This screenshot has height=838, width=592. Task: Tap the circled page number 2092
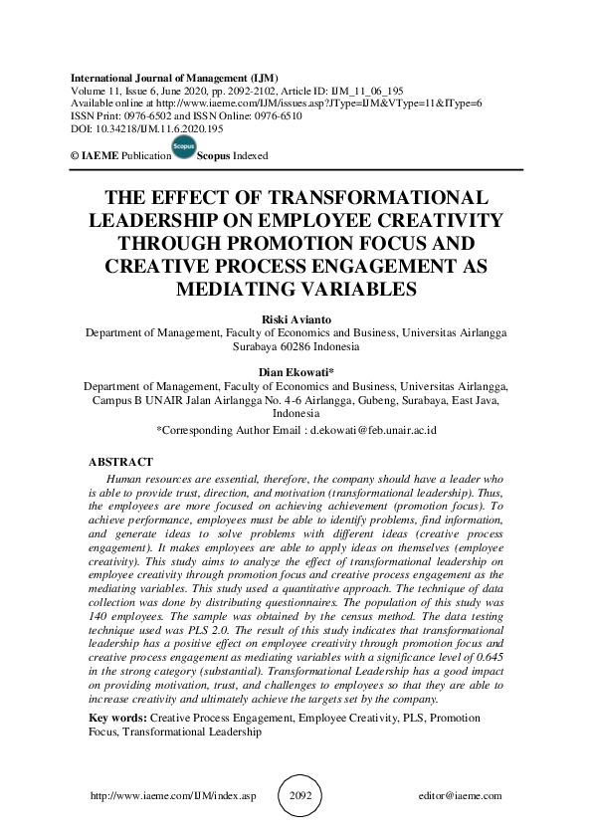click(296, 795)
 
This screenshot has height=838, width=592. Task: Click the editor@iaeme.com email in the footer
click(461, 796)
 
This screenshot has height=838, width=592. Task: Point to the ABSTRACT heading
click(120, 462)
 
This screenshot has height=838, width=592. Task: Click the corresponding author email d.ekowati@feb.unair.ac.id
click(369, 430)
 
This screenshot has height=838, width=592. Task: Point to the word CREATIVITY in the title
click(428, 219)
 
